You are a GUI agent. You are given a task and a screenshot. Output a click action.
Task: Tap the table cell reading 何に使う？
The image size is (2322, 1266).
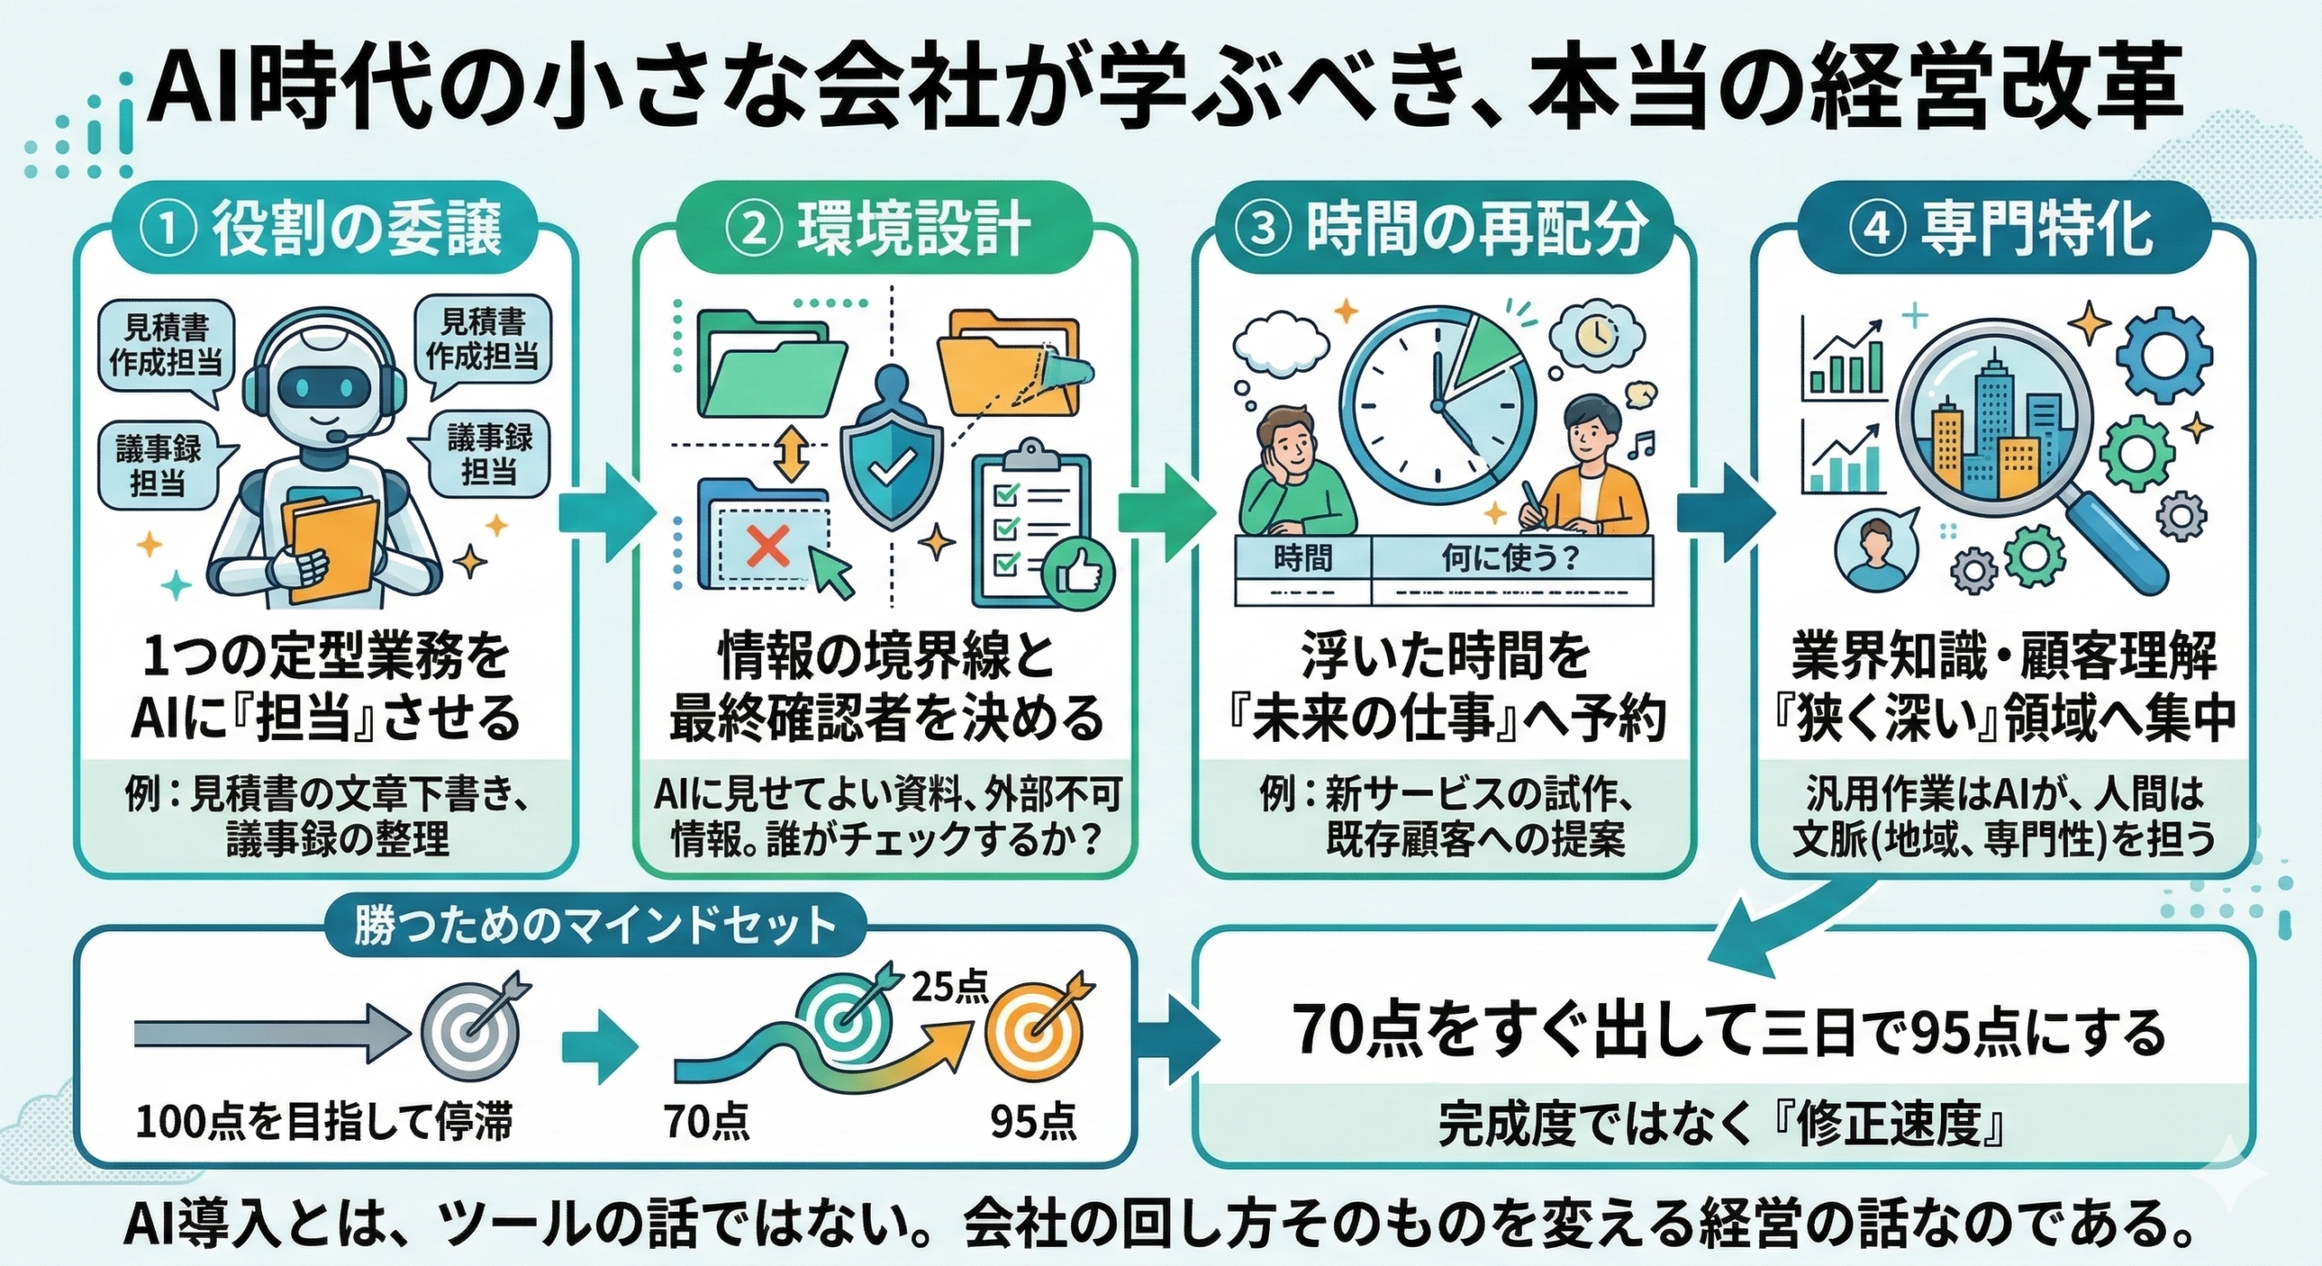coord(1510,559)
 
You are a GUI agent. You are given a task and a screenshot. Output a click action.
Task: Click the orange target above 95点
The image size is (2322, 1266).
coord(1034,1033)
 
